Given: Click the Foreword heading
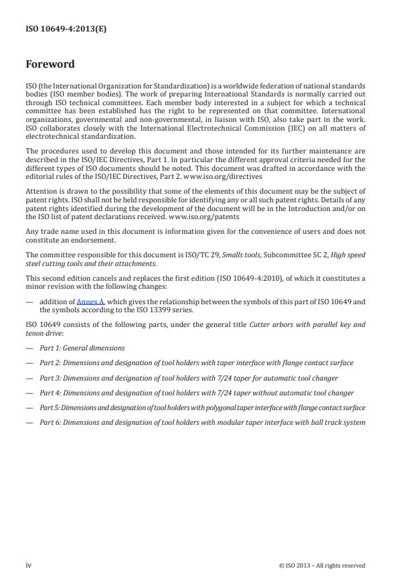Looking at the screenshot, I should pos(50,65).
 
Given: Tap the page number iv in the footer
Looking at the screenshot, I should pos(29,565).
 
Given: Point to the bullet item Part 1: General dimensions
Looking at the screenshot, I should pos(82,348).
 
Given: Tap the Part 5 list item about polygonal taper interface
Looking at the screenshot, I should pos(202,407).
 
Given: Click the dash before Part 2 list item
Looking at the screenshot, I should pos(29,363).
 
